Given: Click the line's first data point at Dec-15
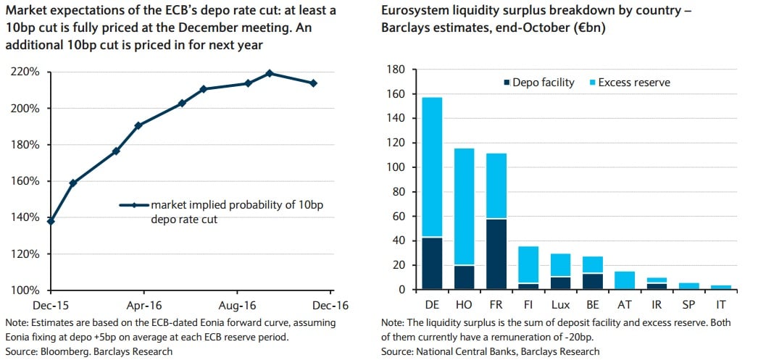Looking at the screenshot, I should pyautogui.click(x=50, y=221).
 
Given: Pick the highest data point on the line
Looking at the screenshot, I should pyautogui.click(x=269, y=73).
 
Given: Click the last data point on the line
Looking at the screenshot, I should pyautogui.click(x=313, y=83).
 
